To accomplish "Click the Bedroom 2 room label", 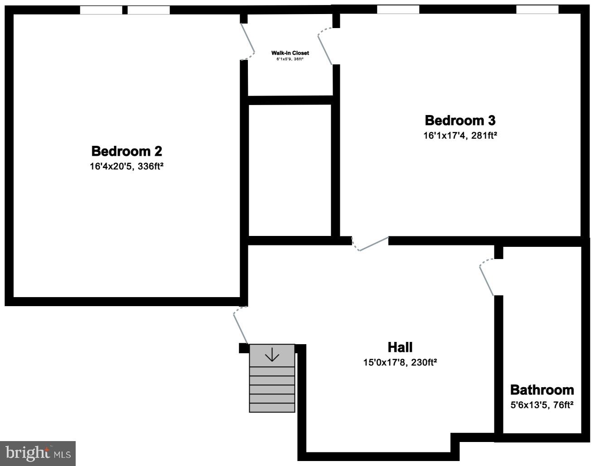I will pos(126,151).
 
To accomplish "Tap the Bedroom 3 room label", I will pos(460,120).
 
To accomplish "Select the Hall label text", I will pos(400,347).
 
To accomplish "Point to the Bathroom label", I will pos(542,390).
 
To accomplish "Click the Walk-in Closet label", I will pos(290,53).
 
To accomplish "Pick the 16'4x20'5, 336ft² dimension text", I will pos(126,167).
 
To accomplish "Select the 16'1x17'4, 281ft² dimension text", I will pos(460,135).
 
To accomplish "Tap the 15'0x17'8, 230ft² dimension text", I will pos(400,362).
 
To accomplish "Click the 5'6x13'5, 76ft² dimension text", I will pos(542,405).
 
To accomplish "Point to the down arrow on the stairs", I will pos(272,355).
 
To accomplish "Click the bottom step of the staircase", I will pos(272,408).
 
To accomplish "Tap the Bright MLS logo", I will pos(38,453).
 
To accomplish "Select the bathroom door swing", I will pos(486,279).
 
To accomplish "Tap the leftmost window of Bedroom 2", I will pos(101,10).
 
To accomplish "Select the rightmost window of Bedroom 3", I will pos(537,10).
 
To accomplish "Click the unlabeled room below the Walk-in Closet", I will pos(290,170).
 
